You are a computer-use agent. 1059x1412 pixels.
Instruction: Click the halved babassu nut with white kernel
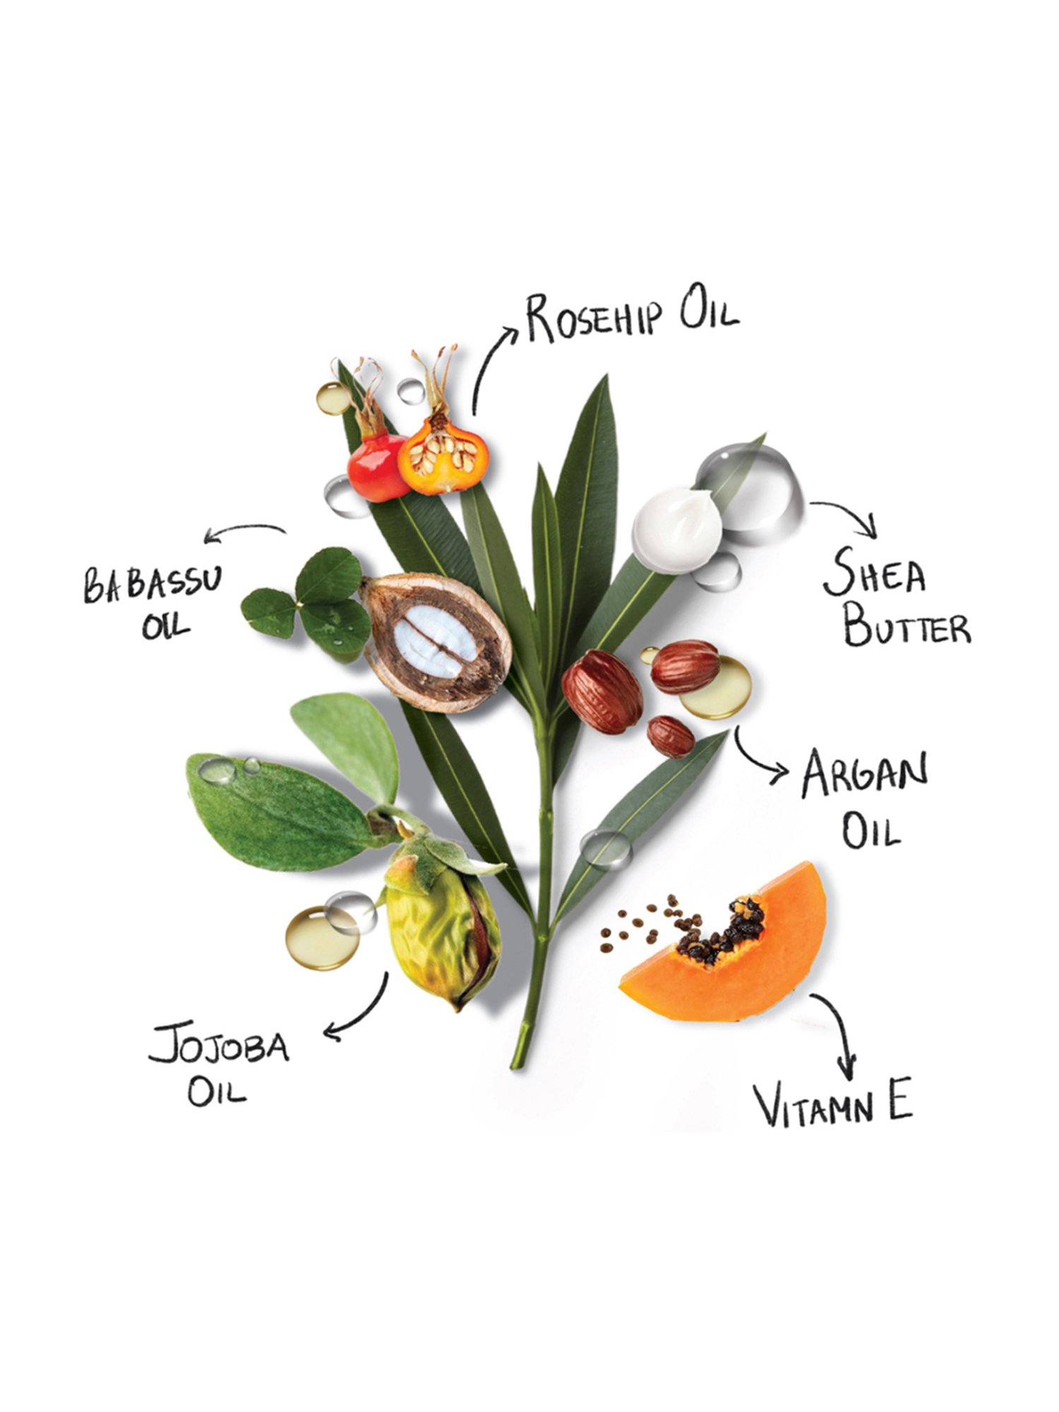tap(436, 642)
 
